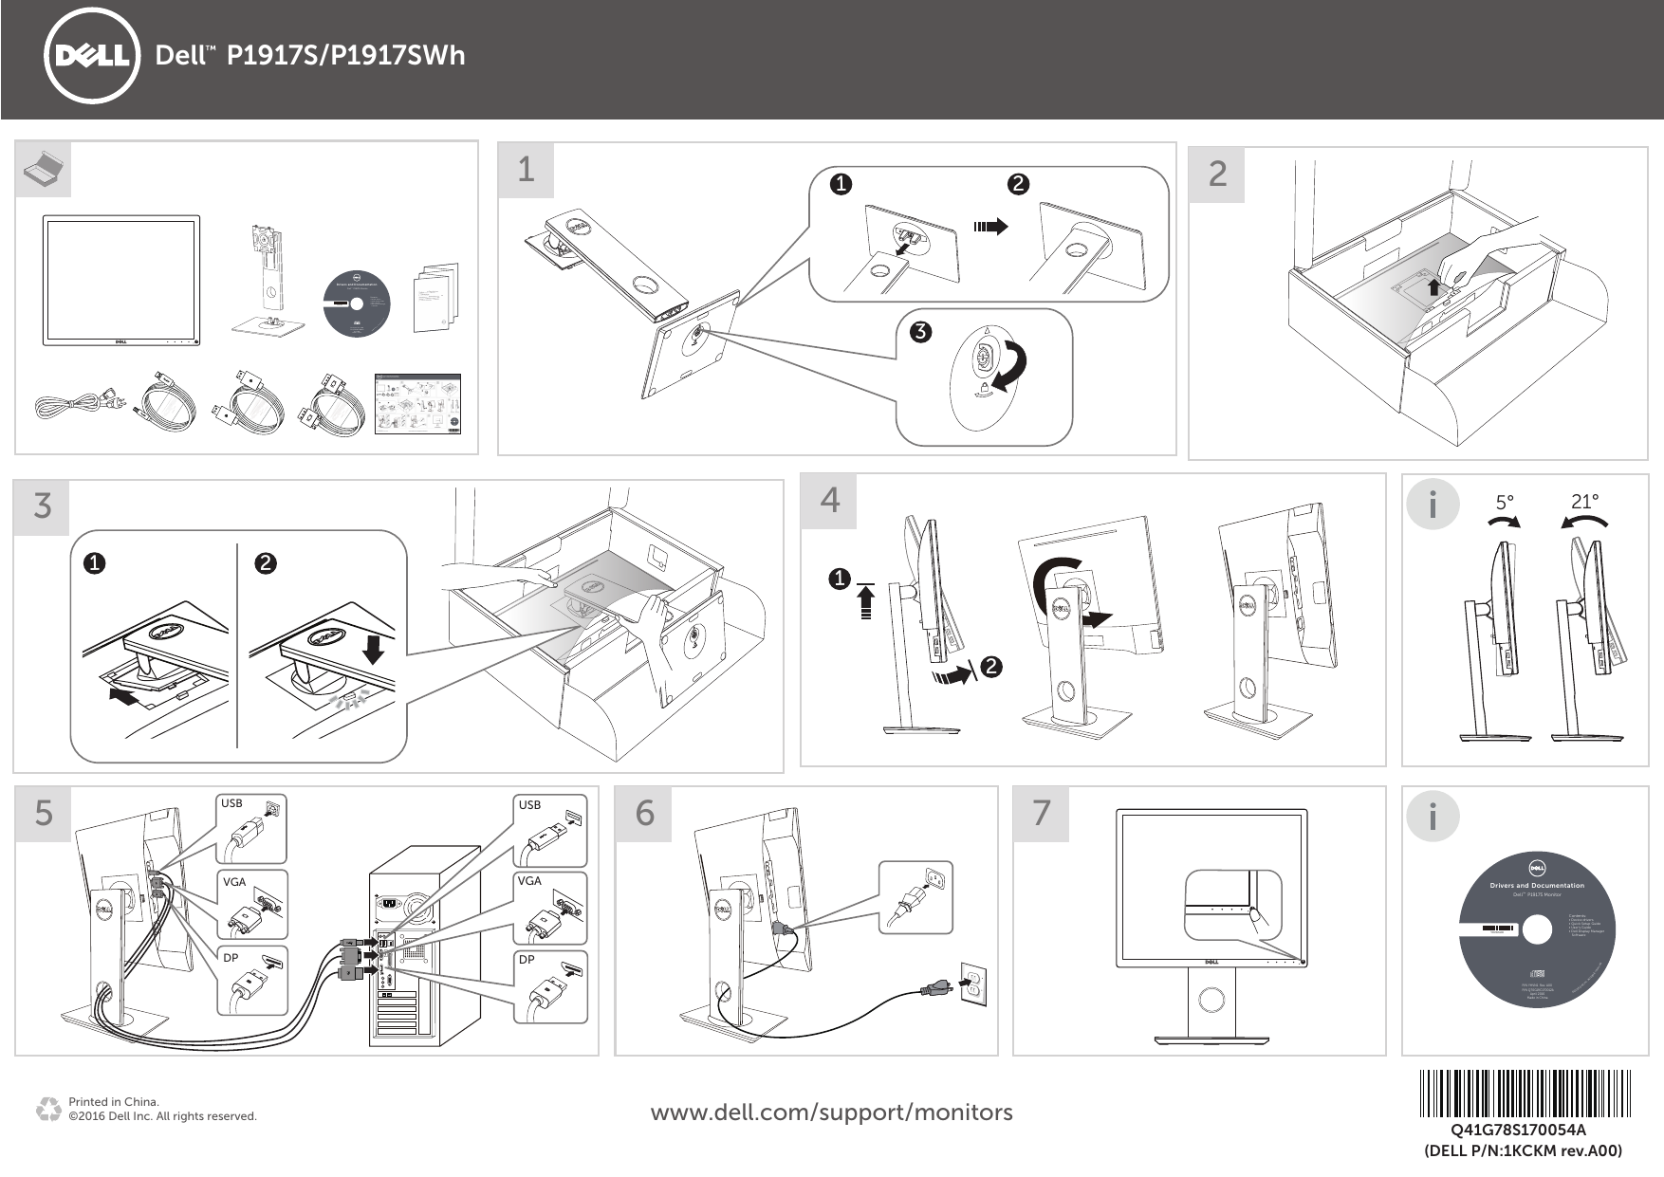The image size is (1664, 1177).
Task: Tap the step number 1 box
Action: coord(526,170)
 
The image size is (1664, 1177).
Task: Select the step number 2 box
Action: coord(1217,174)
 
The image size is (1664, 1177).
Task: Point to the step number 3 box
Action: coord(43,506)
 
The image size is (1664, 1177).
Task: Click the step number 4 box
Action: coord(829,500)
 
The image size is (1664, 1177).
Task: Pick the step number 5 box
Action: coord(44,813)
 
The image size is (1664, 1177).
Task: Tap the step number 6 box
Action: coord(645,813)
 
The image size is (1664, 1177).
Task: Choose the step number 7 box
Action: coord(1042,813)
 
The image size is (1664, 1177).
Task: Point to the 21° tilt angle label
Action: coord(1584,502)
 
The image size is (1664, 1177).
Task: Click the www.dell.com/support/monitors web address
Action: coord(831,1112)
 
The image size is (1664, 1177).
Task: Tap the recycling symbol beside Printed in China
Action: coord(46,1109)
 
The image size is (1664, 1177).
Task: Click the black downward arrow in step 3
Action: coord(375,650)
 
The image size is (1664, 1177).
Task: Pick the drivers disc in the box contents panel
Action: coord(356,303)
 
